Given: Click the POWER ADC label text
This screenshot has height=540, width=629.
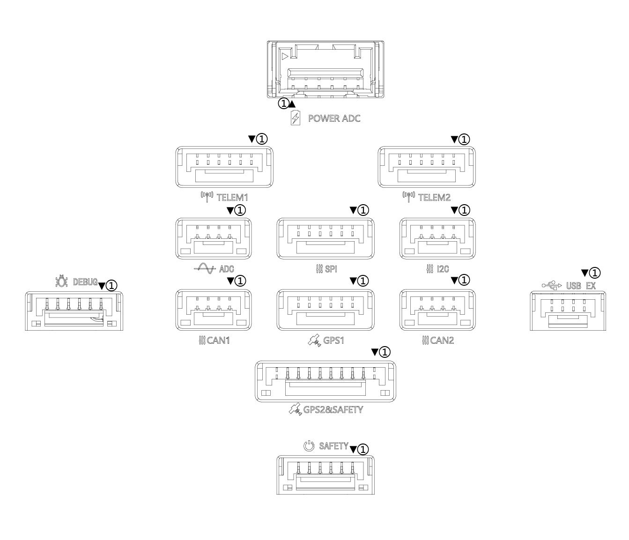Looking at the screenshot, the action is [334, 118].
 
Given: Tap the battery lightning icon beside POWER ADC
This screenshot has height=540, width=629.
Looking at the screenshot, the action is [295, 118].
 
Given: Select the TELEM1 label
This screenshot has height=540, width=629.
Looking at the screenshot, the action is [232, 198].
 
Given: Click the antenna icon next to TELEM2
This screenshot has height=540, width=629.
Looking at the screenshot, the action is [408, 197].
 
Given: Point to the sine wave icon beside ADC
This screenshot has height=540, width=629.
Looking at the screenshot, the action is [205, 268].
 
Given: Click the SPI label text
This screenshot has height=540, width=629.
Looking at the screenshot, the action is [331, 269].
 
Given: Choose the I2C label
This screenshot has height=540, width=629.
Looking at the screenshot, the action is [443, 269].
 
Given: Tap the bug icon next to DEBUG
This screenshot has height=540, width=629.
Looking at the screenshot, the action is [61, 281].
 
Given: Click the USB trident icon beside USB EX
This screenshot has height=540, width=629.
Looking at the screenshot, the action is [552, 285].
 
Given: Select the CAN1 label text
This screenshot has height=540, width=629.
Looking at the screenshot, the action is [218, 340].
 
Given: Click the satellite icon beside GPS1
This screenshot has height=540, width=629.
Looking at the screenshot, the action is [314, 340].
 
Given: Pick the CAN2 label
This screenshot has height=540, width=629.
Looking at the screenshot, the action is [442, 340].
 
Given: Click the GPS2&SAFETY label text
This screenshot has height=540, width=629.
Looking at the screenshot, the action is [333, 410].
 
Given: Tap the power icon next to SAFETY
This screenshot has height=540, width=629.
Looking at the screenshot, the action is [309, 446].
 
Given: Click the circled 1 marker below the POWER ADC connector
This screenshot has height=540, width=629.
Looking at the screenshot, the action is [284, 104].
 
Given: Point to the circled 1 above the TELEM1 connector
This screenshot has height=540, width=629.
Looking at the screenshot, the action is [262, 139].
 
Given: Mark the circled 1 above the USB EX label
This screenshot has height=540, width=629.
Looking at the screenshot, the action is [595, 273].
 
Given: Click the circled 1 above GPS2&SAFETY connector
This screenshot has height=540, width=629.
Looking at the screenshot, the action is [385, 352].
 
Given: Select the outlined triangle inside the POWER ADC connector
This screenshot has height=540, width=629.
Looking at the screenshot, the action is [285, 57].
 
